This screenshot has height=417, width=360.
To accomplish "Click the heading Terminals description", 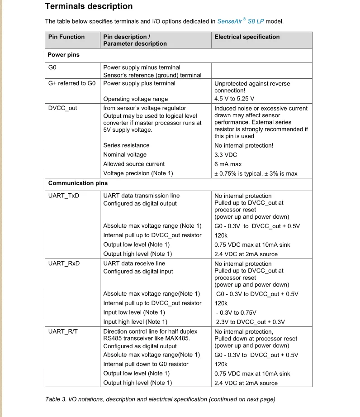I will tap(89, 6).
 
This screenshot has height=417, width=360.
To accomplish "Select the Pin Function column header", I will tap(66, 37).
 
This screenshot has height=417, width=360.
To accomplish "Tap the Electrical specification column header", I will tap(247, 37).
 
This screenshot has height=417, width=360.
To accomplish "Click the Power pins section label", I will tap(64, 55).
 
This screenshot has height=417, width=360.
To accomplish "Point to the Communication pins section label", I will tap(78, 183).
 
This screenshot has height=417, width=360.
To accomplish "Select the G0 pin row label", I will tap(52, 67).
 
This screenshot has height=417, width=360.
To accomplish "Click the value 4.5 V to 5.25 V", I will tap(234, 99).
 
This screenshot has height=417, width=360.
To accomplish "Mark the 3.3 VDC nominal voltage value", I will tap(226, 155).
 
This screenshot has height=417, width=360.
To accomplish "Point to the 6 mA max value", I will tap(228, 164).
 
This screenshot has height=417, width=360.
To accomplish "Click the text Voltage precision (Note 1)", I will tap(138, 173).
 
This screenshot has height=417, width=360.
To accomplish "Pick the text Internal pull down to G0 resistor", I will tap(146, 364).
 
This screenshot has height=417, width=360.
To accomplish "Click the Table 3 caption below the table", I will tap(160, 399).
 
